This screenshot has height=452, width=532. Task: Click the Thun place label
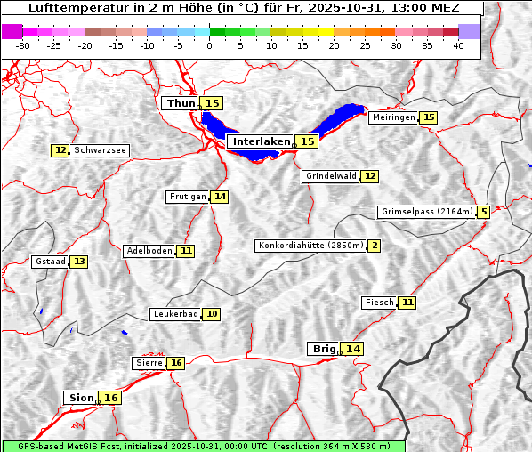click(181, 104)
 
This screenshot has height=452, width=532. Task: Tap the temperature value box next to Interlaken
click(307, 141)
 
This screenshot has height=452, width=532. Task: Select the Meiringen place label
click(393, 117)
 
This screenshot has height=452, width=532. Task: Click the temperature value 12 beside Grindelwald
click(370, 176)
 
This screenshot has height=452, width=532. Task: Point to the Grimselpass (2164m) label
click(426, 212)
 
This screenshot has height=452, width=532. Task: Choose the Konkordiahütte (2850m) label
click(310, 246)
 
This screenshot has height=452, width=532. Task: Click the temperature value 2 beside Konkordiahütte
click(375, 246)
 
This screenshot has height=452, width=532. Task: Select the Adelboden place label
click(149, 251)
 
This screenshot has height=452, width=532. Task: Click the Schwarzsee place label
click(100, 151)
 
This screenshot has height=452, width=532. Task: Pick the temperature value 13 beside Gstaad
click(79, 262)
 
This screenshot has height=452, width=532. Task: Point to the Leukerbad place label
click(175, 314)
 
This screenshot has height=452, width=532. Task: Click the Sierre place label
click(149, 363)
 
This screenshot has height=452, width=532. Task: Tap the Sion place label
click(80, 398)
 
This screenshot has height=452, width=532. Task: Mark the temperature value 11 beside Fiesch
click(407, 303)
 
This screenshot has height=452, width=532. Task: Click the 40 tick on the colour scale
click(458, 45)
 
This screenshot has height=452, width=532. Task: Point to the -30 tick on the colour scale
click(23, 45)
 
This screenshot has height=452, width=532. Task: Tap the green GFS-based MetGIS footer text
click(203, 446)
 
